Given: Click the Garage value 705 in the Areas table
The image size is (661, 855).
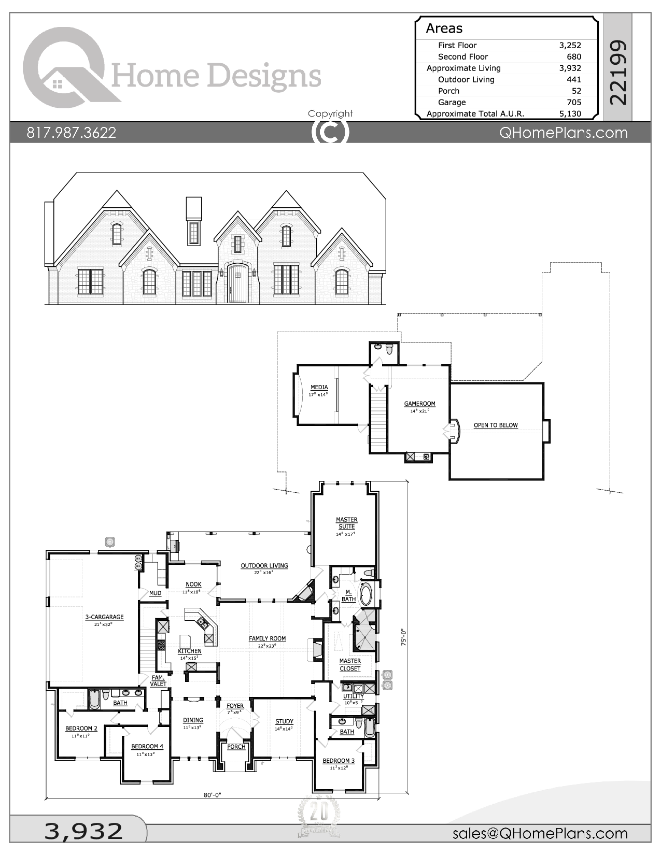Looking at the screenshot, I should [573, 102].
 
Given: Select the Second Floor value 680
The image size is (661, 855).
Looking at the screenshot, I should [573, 56].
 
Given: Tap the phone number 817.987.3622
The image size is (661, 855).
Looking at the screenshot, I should [72, 133].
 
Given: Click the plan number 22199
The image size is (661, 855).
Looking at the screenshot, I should [618, 73].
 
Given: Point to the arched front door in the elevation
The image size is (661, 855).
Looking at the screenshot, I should [238, 283].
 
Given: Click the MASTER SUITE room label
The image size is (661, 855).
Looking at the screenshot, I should [346, 523].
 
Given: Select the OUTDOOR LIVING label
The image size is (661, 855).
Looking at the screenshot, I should [264, 566].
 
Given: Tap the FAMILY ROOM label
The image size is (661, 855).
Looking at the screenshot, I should [267, 639].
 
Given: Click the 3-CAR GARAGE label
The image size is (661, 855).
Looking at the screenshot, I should [104, 617].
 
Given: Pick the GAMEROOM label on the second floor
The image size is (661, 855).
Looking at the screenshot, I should [419, 404].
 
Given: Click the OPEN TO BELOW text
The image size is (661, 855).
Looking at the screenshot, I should [496, 425].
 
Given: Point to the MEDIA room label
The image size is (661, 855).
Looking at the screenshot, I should [319, 388].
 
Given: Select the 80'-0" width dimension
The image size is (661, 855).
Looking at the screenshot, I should [212, 795].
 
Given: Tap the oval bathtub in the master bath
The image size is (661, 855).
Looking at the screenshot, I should [367, 594].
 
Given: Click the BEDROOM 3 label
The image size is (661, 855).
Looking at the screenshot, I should [339, 761].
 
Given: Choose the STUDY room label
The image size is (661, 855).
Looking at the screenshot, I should [284, 721].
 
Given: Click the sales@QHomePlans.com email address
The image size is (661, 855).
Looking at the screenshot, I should [540, 833].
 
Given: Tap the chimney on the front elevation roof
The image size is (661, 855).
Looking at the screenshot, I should [193, 208].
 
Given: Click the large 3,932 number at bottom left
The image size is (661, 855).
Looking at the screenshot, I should [84, 831].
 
